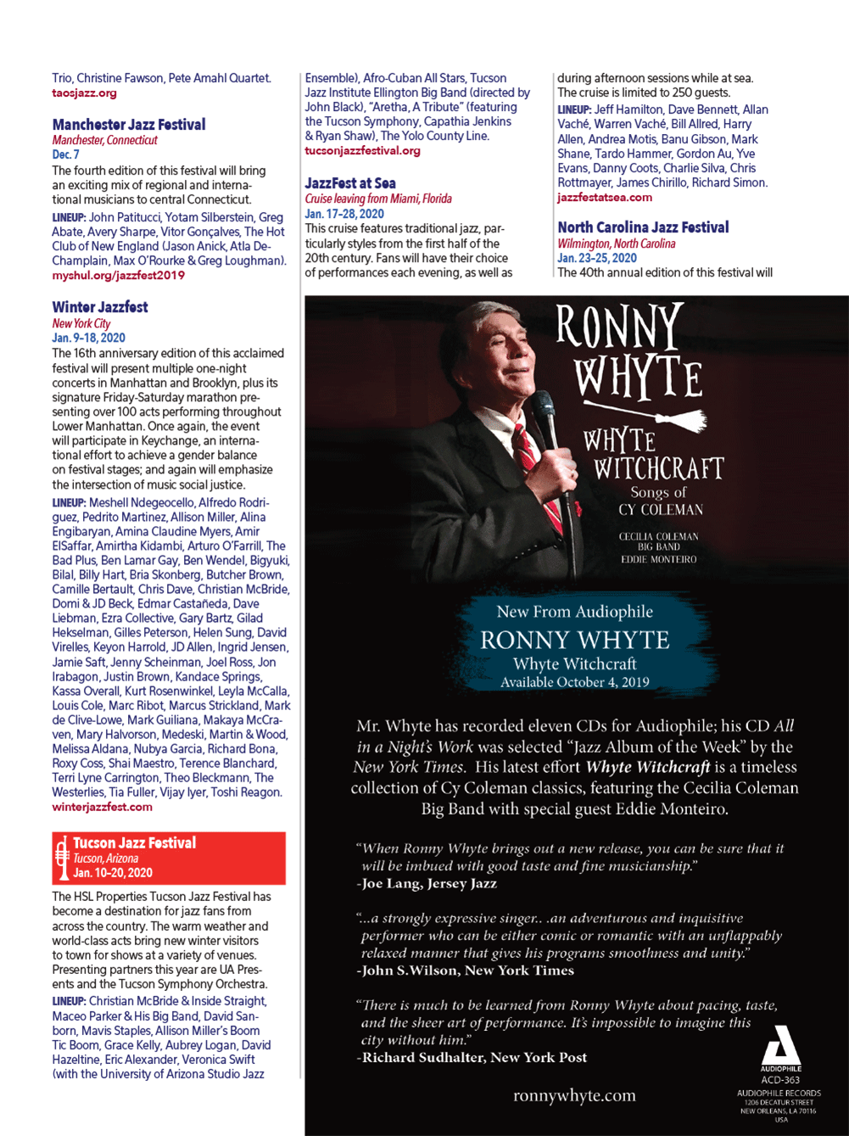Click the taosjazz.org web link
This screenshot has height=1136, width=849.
tap(84, 93)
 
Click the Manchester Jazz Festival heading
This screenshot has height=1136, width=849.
tap(128, 125)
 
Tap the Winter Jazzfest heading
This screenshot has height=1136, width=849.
tap(99, 307)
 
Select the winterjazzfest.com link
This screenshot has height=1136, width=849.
tap(102, 807)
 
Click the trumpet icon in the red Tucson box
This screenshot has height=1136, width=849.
tap(62, 859)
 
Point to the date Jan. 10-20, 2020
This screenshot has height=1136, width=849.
tap(113, 873)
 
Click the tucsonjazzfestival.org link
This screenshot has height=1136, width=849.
tap(362, 151)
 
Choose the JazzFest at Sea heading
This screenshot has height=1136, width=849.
tap(349, 183)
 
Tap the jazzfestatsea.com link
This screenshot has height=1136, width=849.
tap(605, 198)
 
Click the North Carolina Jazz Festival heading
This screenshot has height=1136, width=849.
tap(643, 227)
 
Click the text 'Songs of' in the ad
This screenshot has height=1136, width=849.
tap(658, 493)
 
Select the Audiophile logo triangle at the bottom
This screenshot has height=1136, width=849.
tap(780, 1044)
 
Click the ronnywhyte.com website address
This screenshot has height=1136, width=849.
tap(574, 1096)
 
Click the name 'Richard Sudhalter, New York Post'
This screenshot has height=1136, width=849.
tap(473, 1058)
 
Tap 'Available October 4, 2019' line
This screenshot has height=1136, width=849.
tap(574, 682)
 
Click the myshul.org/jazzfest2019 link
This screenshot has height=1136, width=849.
tap(118, 276)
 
